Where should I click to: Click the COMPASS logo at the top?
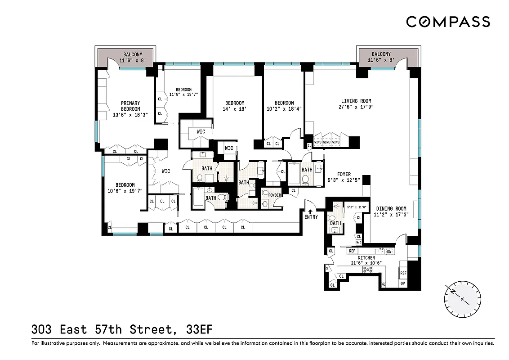pos(448,22)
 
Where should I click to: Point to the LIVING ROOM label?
pos(356,101)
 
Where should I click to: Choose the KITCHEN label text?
pos(366,258)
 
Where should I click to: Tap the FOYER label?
pos(344,175)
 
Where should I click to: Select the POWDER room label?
pos(275,195)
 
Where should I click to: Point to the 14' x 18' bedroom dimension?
pos(235,109)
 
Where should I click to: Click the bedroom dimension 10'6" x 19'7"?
pos(125,191)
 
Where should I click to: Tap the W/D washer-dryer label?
pos(358,242)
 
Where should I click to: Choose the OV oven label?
pos(402,283)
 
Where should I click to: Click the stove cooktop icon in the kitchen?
pos(368,270)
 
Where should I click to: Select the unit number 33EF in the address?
pos(199,330)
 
